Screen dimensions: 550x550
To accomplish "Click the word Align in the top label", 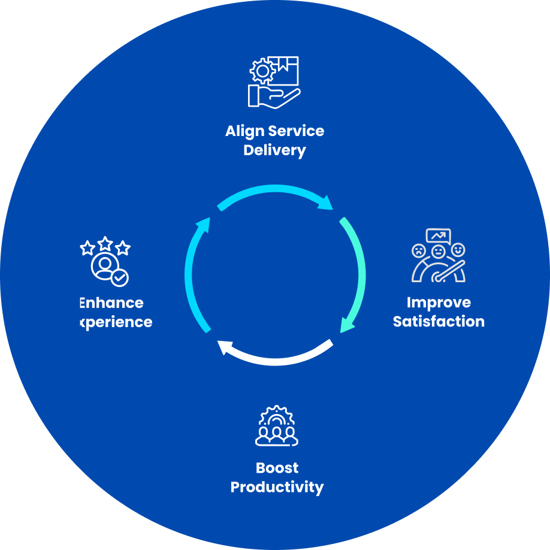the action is [x=244, y=131].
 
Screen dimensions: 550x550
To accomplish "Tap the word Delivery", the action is [x=274, y=150].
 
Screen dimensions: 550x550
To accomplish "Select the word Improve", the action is [x=439, y=303].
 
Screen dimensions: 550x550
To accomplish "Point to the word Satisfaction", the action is [x=439, y=322].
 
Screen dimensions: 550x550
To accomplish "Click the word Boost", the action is [x=277, y=468].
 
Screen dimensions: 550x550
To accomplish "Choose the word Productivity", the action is [x=277, y=487].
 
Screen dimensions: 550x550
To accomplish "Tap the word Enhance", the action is [x=111, y=303].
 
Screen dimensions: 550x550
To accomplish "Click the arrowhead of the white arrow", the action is [x=225, y=347].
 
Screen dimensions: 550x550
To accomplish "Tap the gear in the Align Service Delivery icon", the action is [x=261, y=71].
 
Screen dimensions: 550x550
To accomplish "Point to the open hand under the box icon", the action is [x=273, y=96].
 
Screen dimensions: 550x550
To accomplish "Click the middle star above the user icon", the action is [x=105, y=243].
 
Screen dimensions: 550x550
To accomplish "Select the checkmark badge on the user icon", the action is [x=120, y=277].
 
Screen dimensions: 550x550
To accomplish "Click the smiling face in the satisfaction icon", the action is [x=458, y=249].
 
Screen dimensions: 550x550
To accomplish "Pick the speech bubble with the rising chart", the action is [x=438, y=235].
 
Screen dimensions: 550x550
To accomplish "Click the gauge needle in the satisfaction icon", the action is [x=449, y=270].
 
